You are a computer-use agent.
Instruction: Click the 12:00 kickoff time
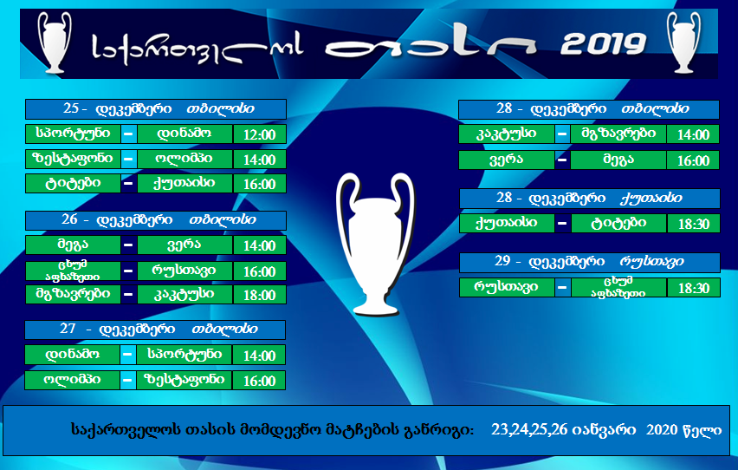click(259, 134)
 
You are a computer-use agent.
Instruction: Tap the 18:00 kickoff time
click(259, 295)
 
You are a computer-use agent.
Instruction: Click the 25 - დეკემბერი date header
click(156, 109)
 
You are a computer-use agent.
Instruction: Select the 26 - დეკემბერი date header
click(156, 220)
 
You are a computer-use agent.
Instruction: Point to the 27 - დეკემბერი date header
click(155, 330)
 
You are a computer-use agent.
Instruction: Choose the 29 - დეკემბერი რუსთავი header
click(590, 262)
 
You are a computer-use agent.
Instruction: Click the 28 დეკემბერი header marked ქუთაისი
click(590, 198)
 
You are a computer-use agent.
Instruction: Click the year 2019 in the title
click(604, 44)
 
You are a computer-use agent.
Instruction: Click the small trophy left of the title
click(55, 42)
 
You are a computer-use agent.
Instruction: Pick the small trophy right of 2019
click(684, 42)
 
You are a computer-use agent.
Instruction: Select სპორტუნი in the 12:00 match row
click(73, 134)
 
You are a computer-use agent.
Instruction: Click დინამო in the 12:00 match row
click(184, 134)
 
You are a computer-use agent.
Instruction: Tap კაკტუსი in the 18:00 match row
click(184, 294)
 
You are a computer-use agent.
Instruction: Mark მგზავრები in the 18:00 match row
click(73, 294)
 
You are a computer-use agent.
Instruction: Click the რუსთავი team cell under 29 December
click(507, 287)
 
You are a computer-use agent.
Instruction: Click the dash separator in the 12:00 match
click(128, 134)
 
